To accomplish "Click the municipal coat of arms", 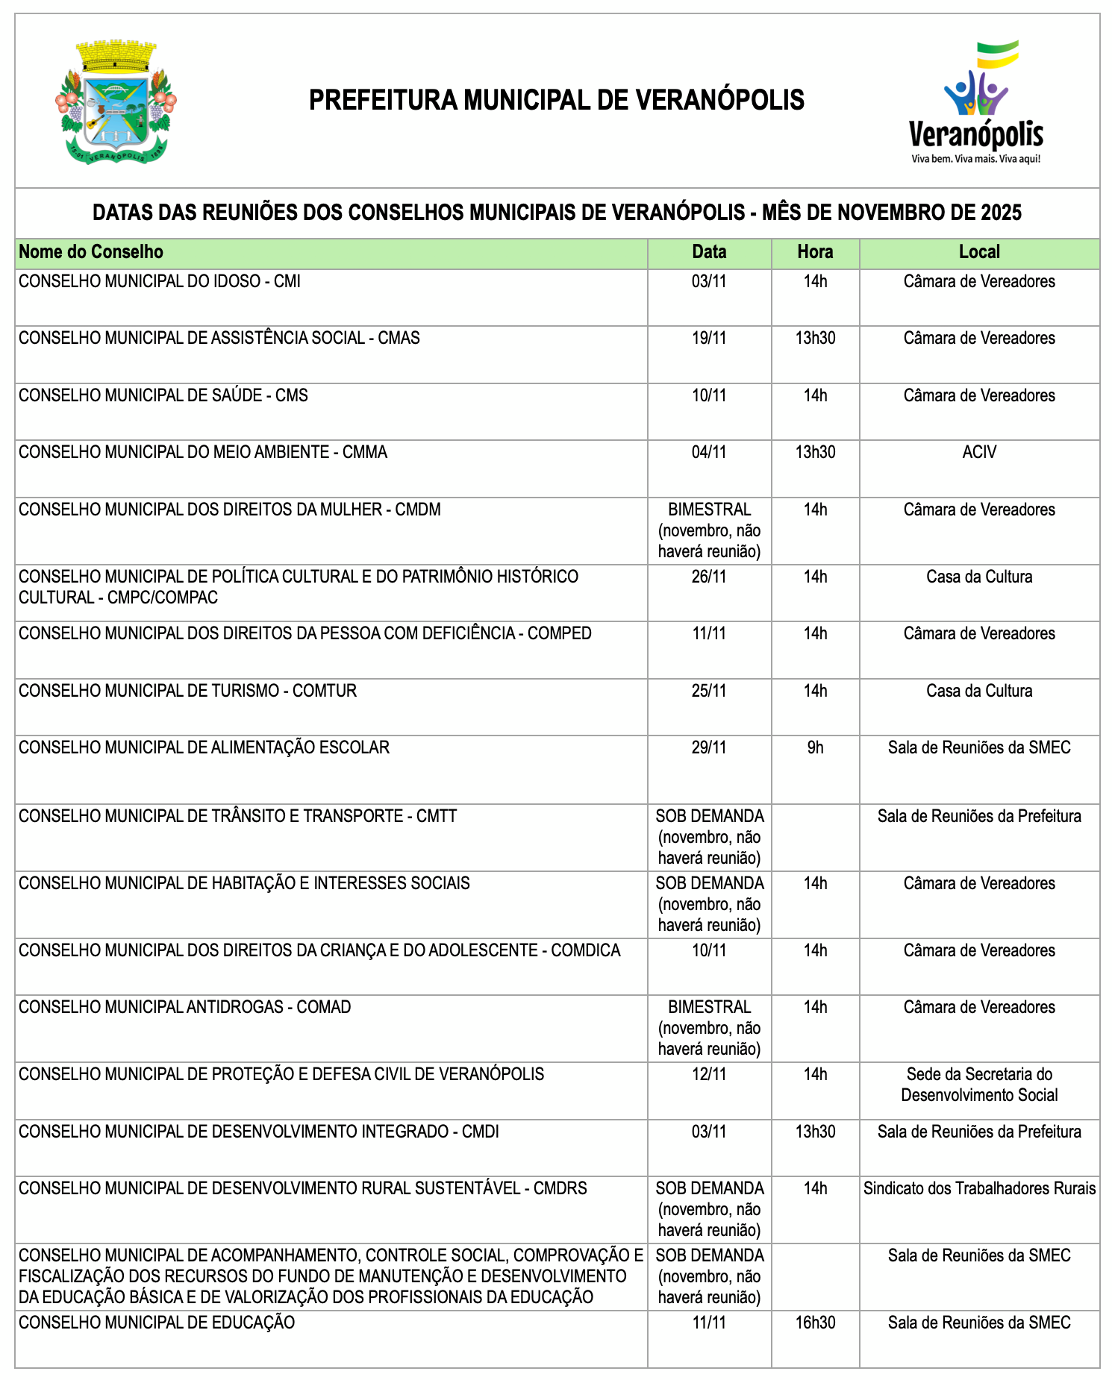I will (116, 102).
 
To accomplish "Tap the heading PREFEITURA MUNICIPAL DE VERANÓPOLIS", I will (556, 100).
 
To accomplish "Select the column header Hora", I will (815, 252).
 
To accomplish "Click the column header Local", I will (979, 252).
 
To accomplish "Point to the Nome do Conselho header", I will (91, 252).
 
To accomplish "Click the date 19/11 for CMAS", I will (708, 339).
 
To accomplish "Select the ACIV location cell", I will (979, 453).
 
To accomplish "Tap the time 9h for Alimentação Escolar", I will (815, 748).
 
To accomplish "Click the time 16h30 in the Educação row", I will (815, 1323).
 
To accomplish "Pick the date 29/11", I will (708, 748).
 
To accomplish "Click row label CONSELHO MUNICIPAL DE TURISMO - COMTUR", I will (187, 691).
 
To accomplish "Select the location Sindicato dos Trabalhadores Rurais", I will (979, 1189).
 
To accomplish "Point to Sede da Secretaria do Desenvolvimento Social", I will (979, 1085).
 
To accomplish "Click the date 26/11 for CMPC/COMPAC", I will (708, 577).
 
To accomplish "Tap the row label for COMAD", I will (184, 1008).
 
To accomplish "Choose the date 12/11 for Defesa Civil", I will (708, 1075).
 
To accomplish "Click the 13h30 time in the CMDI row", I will (815, 1132).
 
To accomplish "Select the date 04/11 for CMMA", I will (708, 453).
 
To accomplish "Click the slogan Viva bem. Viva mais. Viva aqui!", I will (975, 159).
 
